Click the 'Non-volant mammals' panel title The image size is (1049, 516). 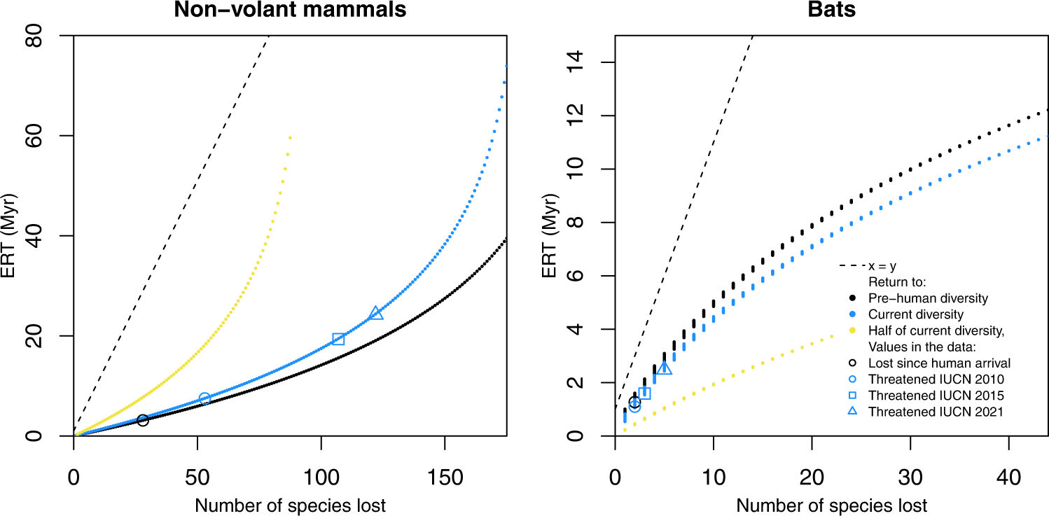pyautogui.click(x=290, y=10)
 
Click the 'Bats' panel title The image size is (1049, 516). pyautogui.click(x=831, y=10)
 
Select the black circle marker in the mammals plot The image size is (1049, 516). pyautogui.click(x=143, y=420)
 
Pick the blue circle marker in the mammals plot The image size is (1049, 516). pyautogui.click(x=204, y=398)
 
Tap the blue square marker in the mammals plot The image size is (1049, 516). pyautogui.click(x=338, y=339)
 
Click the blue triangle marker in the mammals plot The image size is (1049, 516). pyautogui.click(x=376, y=313)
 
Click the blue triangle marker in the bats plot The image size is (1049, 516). pyautogui.click(x=665, y=368)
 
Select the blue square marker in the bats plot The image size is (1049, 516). pyautogui.click(x=644, y=393)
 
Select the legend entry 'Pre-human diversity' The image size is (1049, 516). pyautogui.click(x=927, y=298)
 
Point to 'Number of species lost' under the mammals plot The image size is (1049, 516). pyautogui.click(x=290, y=505)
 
